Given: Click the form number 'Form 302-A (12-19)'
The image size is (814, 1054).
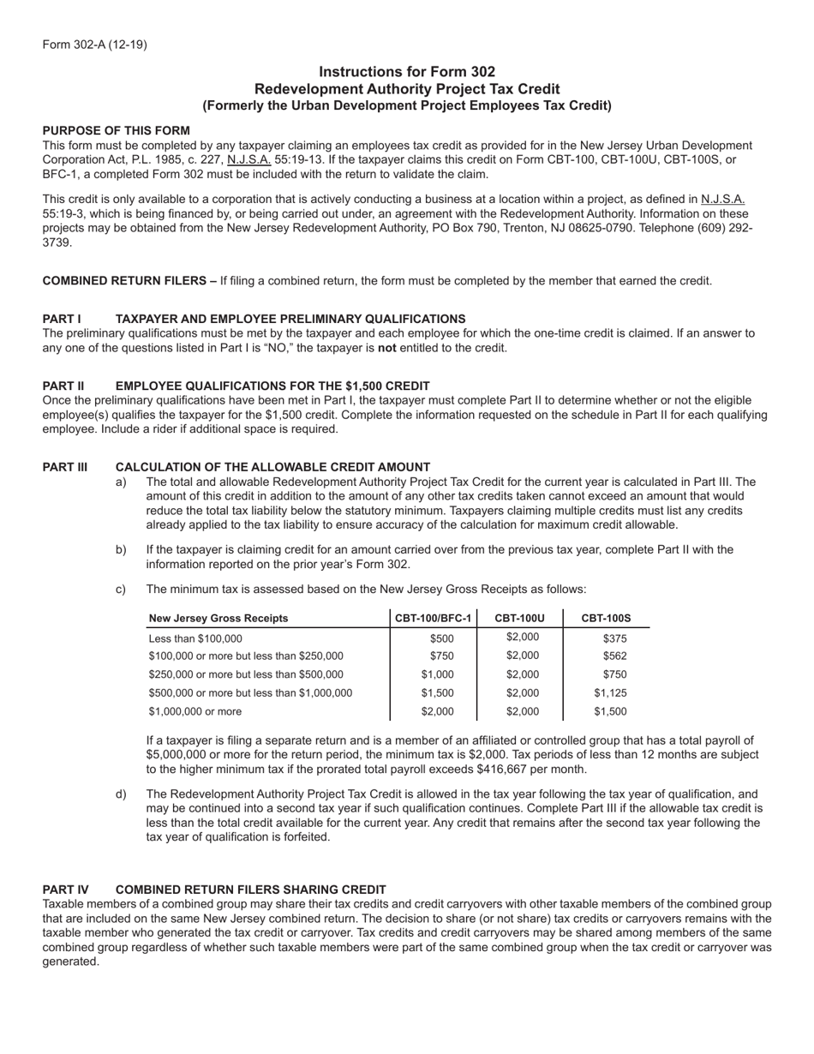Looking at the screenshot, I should click(x=94, y=45).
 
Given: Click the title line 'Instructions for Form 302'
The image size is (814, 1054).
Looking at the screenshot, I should click(x=407, y=72).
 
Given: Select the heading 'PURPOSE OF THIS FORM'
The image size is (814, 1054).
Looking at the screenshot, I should click(x=117, y=130).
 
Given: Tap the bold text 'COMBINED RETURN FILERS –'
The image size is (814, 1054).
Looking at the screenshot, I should click(x=129, y=280).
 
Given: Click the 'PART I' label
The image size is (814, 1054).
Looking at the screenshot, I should click(x=62, y=319).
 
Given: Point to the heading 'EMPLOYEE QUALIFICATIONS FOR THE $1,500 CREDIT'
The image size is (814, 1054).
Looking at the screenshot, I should click(x=272, y=386).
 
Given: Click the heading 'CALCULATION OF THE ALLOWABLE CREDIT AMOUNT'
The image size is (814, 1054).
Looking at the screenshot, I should click(x=272, y=467).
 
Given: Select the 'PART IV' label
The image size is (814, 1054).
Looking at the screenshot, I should click(x=65, y=889).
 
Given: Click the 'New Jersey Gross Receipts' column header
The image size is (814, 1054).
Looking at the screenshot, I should click(x=218, y=618).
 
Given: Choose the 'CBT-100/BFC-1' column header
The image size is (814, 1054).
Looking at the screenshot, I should click(x=433, y=618).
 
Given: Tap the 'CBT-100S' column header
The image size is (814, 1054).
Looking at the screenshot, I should click(x=606, y=618).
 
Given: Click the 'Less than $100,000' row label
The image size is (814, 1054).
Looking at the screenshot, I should click(x=195, y=638).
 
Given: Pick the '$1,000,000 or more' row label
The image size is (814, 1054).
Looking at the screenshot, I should click(x=195, y=711).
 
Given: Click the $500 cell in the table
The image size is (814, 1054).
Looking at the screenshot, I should click(x=442, y=638).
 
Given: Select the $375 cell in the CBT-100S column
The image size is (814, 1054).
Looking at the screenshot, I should click(x=614, y=638).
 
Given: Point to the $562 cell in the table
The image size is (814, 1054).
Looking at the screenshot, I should click(x=614, y=656).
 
